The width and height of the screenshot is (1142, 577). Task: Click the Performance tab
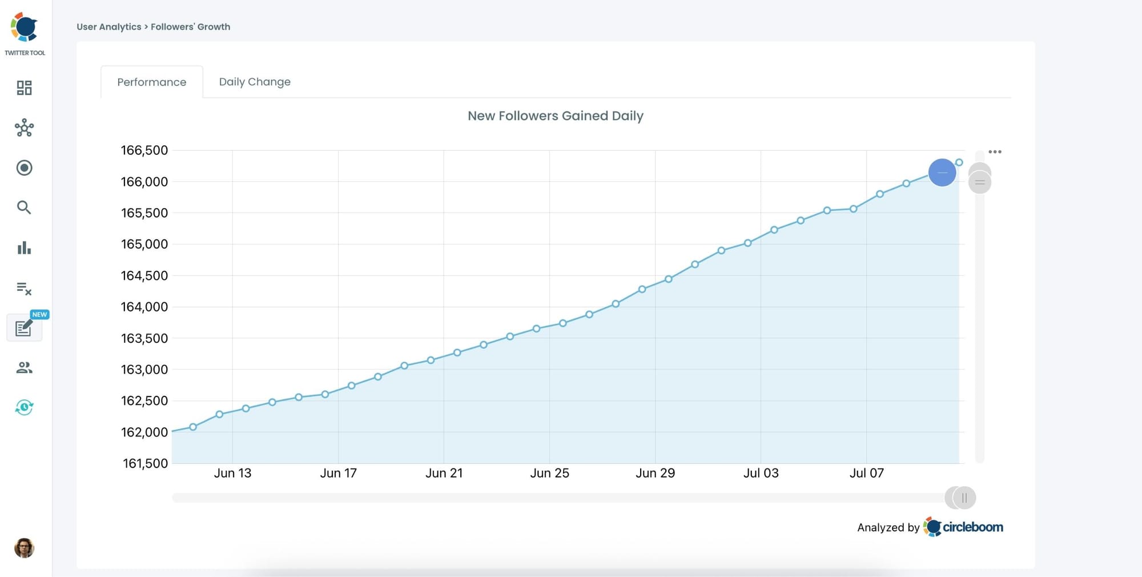point(151,82)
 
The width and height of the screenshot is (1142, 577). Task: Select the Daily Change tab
point(255,82)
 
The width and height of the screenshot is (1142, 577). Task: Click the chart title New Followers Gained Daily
point(555,116)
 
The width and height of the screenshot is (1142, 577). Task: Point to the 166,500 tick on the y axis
point(144,150)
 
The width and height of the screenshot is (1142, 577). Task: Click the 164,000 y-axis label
point(144,307)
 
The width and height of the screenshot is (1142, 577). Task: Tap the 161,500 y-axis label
point(145,463)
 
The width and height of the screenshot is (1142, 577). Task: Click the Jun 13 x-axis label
point(232,473)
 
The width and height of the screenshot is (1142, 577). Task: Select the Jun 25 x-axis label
point(549,473)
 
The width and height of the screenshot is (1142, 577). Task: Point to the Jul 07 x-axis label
point(866,473)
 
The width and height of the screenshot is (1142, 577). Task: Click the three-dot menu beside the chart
point(995,152)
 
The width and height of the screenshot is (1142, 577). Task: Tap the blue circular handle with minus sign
point(942,173)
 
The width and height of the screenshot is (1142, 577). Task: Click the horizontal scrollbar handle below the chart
point(963,498)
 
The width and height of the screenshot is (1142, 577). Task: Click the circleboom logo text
point(972,527)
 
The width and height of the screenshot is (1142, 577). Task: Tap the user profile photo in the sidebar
point(24,548)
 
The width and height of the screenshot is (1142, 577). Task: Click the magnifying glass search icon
point(24,207)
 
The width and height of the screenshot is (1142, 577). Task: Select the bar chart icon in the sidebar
point(24,248)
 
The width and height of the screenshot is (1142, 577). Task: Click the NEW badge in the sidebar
point(39,315)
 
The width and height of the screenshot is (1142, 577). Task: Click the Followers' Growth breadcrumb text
point(190,27)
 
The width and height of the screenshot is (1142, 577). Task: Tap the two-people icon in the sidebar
point(24,367)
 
